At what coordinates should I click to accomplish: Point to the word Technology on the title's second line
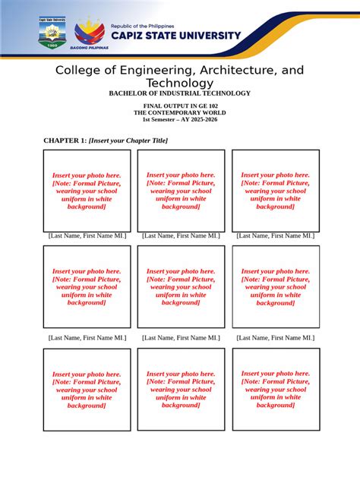pos(179,83)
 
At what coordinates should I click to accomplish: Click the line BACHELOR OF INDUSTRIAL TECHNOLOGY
pos(179,93)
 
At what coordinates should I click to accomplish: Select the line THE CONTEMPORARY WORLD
pos(179,112)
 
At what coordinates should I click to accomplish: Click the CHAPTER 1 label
pos(65,141)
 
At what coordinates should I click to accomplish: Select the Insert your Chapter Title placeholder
pos(128,141)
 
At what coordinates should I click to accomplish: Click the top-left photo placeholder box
pos(87,191)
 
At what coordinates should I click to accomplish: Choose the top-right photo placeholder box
pos(275,191)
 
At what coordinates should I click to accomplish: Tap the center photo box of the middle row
pos(181,287)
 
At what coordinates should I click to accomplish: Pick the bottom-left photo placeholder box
pos(87,390)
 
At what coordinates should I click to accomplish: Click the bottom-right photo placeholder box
pos(275,390)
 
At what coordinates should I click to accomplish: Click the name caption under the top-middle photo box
pos(181,236)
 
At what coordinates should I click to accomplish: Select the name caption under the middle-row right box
pos(275,337)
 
